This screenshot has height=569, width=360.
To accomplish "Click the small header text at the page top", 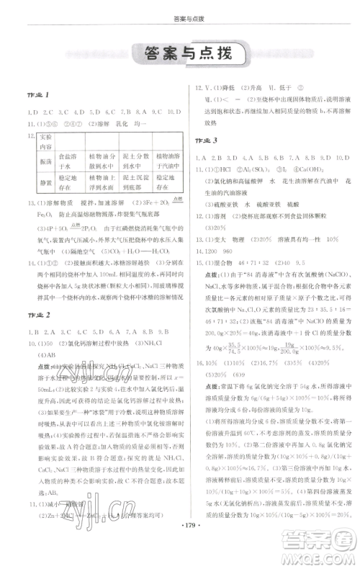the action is (179, 6).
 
